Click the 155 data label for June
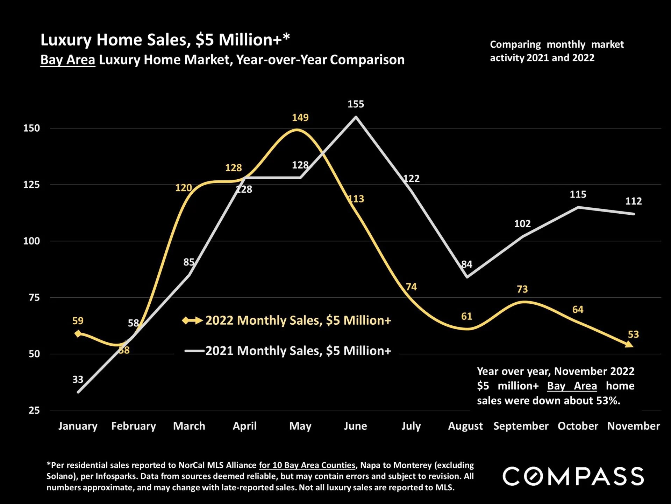click(356, 104)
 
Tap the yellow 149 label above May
click(300, 118)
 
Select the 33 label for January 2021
click(78, 379)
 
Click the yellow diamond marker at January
click(78, 333)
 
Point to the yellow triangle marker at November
click(629, 345)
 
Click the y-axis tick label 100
click(31, 241)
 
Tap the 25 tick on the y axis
click(34, 410)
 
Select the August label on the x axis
click(465, 426)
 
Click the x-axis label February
click(133, 426)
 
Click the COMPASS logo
click(573, 476)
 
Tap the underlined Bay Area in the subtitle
click(67, 60)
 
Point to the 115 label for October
click(578, 194)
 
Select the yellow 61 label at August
click(466, 317)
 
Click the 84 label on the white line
click(467, 264)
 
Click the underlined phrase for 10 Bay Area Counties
click(307, 465)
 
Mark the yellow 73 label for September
click(522, 289)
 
